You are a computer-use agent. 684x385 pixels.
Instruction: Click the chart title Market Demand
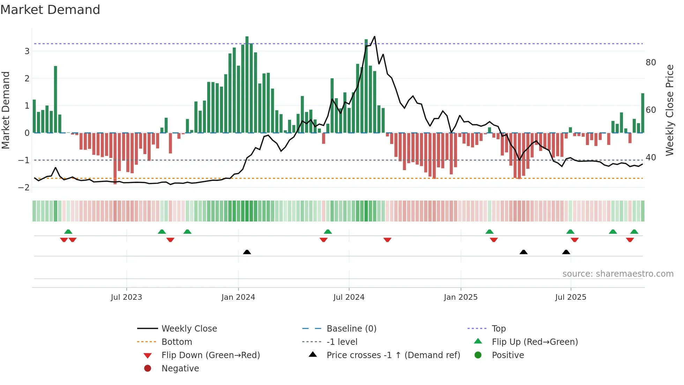point(50,10)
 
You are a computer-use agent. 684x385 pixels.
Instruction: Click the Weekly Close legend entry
point(189,328)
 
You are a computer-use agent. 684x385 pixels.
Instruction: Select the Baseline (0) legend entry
point(351,328)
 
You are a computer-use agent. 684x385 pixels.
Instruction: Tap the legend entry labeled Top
point(498,328)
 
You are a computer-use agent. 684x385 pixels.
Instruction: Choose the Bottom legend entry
point(177,342)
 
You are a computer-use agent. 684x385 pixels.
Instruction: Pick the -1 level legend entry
point(342,342)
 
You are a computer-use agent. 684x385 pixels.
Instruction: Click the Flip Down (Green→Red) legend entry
point(210,355)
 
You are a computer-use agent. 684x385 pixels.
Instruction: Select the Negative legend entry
point(180,368)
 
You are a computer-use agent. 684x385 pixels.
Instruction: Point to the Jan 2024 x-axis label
point(238,297)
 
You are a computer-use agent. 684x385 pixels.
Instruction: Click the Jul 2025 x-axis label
point(571,297)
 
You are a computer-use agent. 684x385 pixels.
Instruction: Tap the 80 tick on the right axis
point(650,63)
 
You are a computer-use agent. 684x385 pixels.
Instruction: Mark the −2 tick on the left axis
point(24,187)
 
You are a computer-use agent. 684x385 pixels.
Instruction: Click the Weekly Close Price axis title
point(669,110)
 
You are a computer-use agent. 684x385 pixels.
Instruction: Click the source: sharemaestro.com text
point(618,274)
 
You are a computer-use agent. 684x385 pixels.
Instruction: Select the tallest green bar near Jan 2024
point(247,84)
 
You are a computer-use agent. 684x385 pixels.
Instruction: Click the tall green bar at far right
point(642,112)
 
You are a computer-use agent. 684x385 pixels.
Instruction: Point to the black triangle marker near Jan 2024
point(247,252)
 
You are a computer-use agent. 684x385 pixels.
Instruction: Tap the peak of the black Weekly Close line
point(374,37)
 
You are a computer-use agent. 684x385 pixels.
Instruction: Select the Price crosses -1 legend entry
point(393,355)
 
